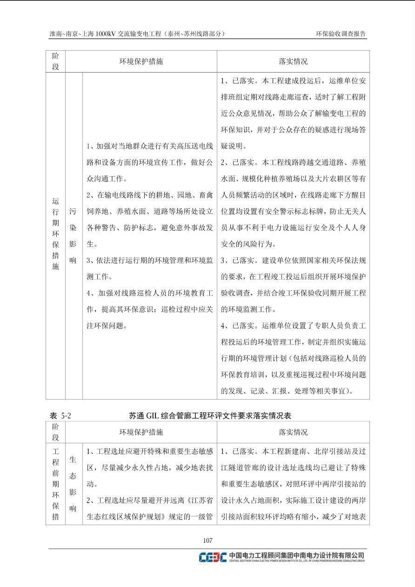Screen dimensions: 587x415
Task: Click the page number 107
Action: tap(207, 540)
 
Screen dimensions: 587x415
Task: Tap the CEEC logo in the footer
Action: tap(213, 557)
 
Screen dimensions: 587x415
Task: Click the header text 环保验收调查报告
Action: tap(341, 34)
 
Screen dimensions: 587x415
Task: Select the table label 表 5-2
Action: tap(60, 415)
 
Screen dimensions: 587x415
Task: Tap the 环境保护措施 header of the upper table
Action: tap(141, 61)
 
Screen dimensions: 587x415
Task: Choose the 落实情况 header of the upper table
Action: tap(293, 61)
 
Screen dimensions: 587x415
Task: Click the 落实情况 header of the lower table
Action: tap(293, 432)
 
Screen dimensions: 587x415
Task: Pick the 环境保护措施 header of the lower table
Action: tap(141, 432)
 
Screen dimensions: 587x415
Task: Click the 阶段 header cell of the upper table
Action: tap(55, 61)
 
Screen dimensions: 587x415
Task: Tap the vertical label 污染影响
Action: tap(73, 236)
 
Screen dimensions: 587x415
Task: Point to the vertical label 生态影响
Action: tap(73, 484)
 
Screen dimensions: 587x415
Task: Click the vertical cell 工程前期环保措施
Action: tap(55, 484)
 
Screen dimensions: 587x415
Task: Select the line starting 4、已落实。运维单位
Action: tap(293, 326)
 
